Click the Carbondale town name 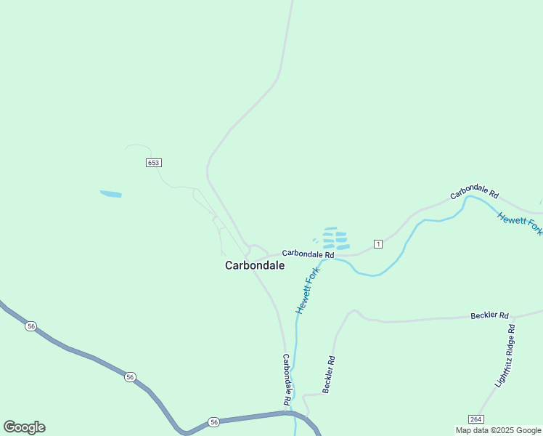[x=254, y=266]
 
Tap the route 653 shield [x=153, y=163]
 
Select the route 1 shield [x=377, y=243]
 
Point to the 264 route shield [x=475, y=419]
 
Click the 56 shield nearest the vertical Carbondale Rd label [x=213, y=421]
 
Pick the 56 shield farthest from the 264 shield [x=30, y=326]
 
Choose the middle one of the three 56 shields [x=129, y=376]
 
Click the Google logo [x=24, y=427]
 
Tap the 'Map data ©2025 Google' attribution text [x=499, y=431]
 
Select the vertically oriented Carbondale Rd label [x=287, y=379]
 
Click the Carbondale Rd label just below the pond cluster [x=308, y=254]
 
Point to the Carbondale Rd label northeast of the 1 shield [x=475, y=195]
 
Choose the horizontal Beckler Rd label [x=490, y=315]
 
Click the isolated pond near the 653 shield [x=110, y=194]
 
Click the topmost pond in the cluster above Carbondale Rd [x=330, y=229]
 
